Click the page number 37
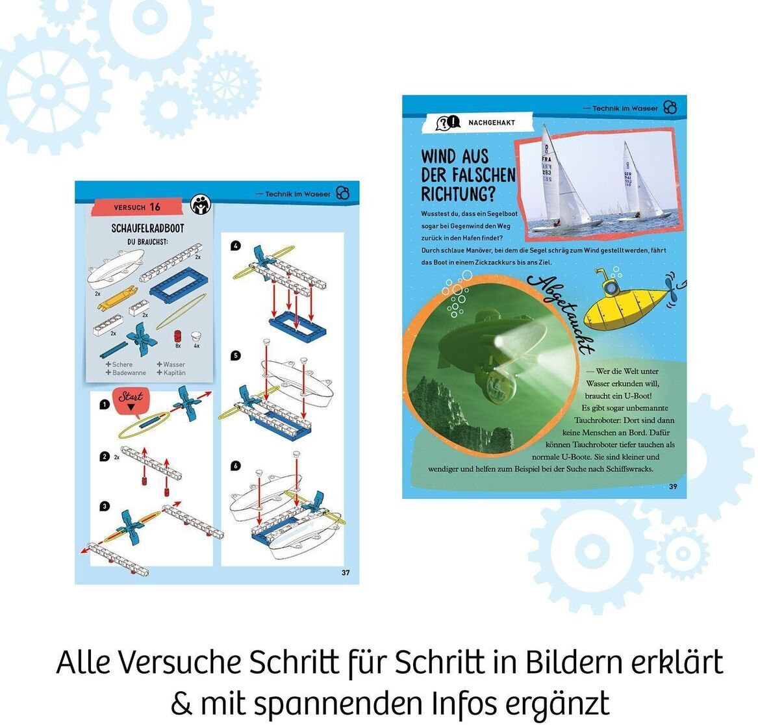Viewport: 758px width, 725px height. [346, 572]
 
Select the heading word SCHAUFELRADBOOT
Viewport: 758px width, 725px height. [147, 229]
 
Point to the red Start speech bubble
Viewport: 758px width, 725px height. [131, 399]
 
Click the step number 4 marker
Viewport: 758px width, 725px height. [236, 246]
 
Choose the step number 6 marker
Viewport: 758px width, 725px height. [236, 466]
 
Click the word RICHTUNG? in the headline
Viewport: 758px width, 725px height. [458, 194]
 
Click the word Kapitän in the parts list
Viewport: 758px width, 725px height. [174, 373]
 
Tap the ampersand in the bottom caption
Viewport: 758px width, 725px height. [180, 703]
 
